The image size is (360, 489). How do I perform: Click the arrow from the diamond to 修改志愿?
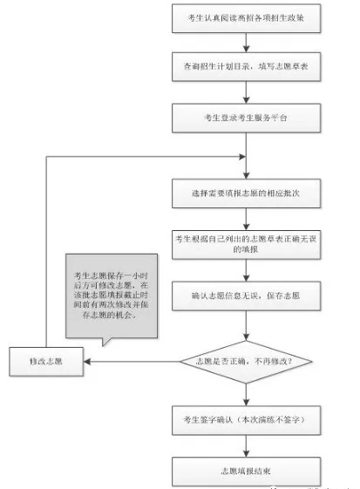pyautogui.click(x=131, y=359)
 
